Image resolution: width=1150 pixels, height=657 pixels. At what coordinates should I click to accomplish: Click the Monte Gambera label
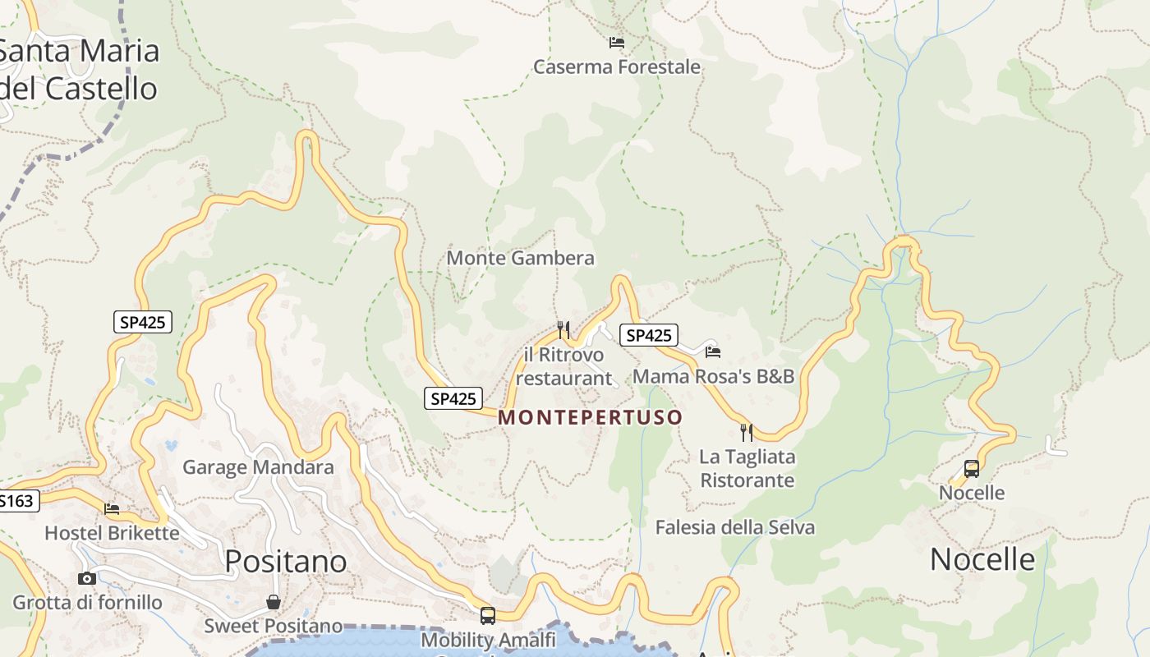[520, 258]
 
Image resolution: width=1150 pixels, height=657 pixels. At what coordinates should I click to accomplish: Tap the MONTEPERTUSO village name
[590, 417]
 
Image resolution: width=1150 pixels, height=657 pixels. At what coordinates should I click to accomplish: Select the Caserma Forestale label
[617, 67]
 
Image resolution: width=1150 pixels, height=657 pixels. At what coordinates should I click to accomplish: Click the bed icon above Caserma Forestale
[617, 42]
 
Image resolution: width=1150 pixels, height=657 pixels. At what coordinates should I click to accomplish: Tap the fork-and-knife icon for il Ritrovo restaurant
[563, 330]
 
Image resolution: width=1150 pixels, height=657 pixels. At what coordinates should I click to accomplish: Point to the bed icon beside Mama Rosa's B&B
[713, 351]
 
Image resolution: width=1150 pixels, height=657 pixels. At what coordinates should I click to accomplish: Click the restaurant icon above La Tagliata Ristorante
[747, 432]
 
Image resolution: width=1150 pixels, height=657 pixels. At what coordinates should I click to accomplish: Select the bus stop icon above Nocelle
[972, 469]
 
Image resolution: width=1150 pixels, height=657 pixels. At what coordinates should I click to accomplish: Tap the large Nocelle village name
[982, 559]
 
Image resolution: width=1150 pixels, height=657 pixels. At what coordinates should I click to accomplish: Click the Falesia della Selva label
[735, 527]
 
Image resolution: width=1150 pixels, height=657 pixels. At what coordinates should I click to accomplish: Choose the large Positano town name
[286, 561]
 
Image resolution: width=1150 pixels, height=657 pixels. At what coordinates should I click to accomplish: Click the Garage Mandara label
[258, 467]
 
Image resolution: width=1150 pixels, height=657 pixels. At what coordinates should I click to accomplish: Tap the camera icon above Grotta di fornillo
[87, 578]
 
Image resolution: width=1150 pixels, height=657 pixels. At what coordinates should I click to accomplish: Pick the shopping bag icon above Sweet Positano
[274, 603]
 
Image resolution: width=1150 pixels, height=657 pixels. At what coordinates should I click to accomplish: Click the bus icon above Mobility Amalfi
[488, 615]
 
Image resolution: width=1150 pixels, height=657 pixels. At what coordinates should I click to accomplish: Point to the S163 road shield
[18, 500]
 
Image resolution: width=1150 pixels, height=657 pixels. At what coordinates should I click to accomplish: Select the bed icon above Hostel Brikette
[112, 509]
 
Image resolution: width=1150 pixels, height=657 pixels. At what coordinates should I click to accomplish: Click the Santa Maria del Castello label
[80, 69]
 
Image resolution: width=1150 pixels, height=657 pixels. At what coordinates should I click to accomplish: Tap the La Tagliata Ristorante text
[747, 468]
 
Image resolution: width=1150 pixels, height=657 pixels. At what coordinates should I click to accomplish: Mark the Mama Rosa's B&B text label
[713, 376]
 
